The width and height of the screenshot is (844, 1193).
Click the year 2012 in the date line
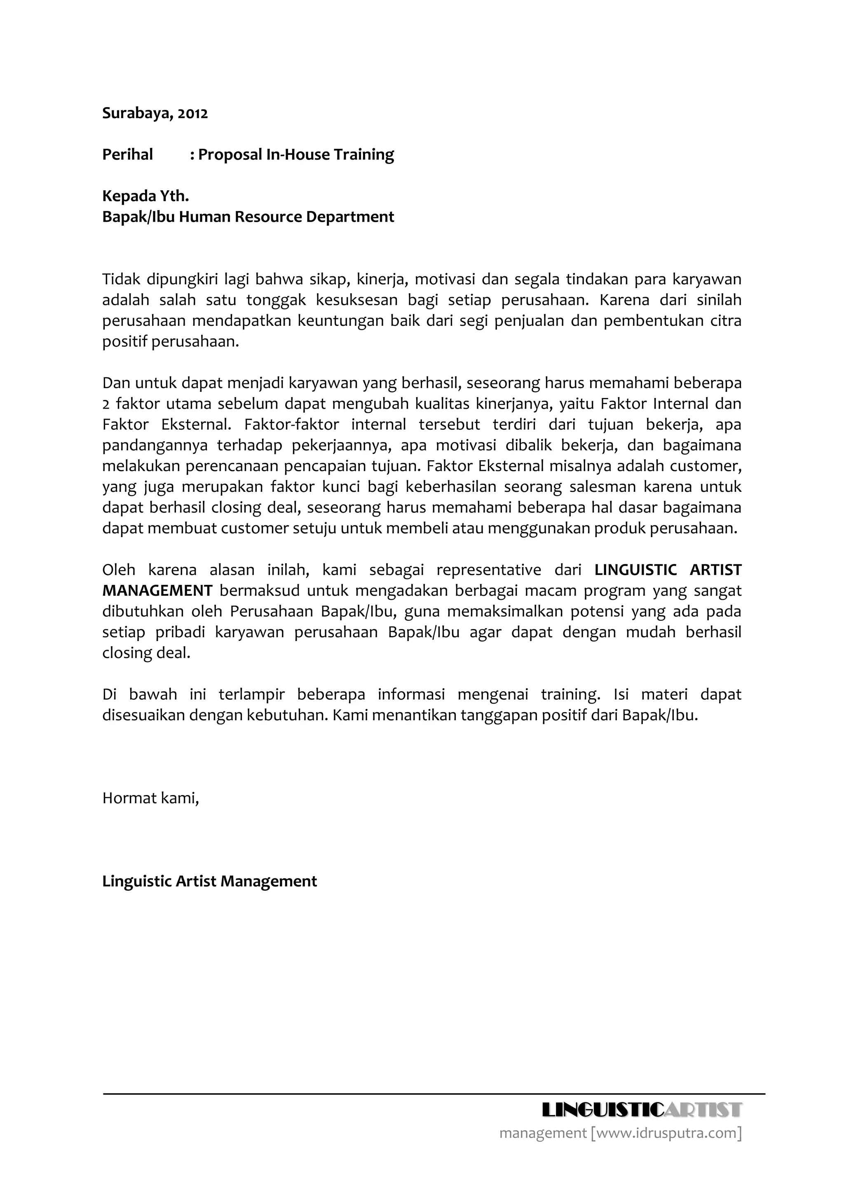coord(193,113)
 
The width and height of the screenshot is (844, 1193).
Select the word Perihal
coord(127,154)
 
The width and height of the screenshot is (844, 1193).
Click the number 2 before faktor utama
coord(105,404)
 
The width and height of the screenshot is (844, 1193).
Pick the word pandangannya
coord(155,445)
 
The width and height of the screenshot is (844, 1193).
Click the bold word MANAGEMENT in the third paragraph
coord(157,591)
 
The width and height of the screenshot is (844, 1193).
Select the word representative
coord(488,570)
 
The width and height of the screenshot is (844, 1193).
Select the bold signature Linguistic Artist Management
coord(209,881)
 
